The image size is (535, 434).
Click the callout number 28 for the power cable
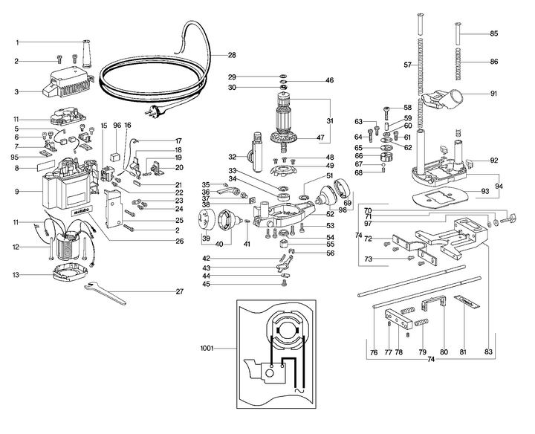232,56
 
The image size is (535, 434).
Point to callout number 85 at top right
495,33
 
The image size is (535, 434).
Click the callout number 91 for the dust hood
494,94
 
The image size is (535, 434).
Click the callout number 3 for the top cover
16,93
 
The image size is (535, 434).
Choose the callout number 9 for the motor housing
16,192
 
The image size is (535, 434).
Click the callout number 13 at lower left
16,274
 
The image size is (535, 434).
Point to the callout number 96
117,126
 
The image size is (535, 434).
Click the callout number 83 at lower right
488,352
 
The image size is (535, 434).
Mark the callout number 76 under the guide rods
373,352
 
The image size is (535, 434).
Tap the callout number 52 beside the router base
329,214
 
